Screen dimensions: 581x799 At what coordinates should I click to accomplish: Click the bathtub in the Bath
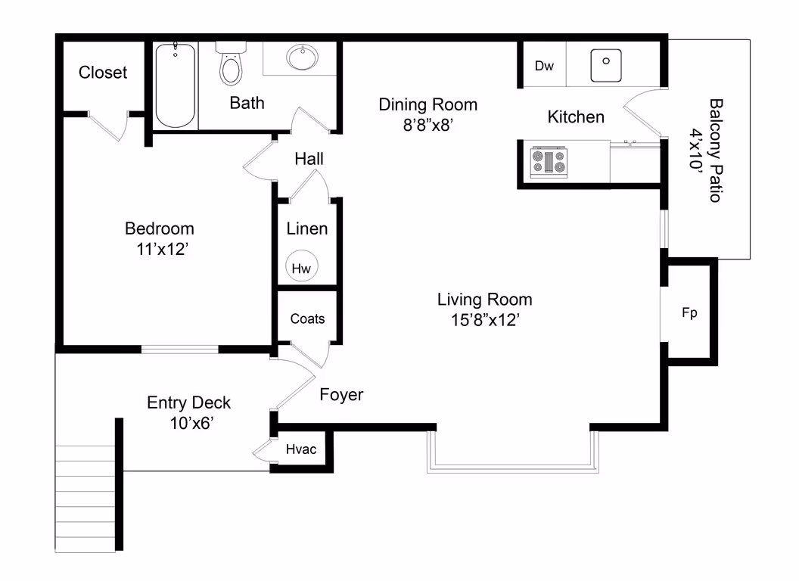176,85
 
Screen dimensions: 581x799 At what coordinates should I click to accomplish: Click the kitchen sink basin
605,64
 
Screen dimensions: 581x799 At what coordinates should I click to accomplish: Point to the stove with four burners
549,161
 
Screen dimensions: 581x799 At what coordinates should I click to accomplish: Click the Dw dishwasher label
544,66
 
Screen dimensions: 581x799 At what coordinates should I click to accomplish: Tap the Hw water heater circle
302,268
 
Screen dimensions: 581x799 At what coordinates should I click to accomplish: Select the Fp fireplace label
689,312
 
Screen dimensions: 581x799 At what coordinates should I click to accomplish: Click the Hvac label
300,449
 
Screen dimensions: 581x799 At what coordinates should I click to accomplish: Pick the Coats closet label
307,318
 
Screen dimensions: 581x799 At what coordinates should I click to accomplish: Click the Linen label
307,228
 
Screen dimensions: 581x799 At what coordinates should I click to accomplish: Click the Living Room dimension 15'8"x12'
484,319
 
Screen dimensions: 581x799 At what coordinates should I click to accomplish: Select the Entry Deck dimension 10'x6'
188,423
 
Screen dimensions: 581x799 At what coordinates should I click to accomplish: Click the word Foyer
341,394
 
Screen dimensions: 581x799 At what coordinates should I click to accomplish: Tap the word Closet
103,73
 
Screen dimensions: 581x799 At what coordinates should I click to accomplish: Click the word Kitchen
576,117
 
